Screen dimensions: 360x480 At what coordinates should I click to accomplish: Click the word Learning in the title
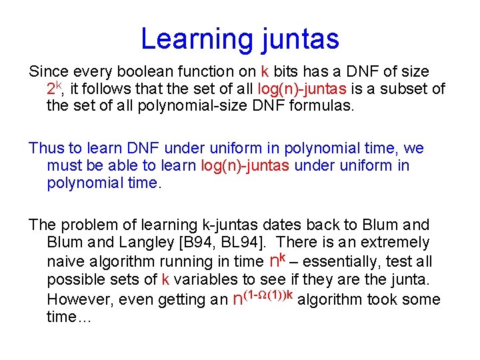pos(189,39)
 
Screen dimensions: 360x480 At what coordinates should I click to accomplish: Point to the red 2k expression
pos(55,88)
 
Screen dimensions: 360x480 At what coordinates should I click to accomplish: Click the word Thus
pos(45,148)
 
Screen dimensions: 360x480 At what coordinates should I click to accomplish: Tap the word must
pos(63,165)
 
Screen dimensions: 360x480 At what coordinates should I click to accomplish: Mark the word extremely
pos(396,243)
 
